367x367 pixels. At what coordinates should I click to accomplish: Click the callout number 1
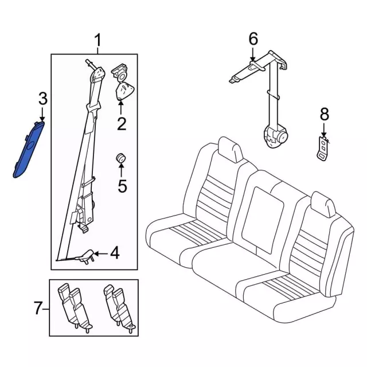98,40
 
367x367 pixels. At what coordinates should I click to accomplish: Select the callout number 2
122,123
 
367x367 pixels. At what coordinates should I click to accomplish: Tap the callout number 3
43,99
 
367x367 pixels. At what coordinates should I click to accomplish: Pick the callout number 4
115,253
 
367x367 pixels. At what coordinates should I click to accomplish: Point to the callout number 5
122,186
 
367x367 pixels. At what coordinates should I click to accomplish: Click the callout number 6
253,39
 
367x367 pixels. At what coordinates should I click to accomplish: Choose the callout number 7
38,308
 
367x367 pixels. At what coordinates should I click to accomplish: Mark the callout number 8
325,115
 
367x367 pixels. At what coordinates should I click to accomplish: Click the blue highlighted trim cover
29,150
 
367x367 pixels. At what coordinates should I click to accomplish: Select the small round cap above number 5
121,158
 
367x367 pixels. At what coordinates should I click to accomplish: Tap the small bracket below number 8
323,149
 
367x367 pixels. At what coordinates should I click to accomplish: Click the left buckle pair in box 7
75,307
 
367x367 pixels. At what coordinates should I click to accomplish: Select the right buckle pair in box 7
119,307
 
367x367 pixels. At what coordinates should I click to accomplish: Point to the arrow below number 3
42,114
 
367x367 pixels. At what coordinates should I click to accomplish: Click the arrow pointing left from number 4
101,253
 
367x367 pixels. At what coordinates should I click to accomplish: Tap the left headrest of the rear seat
229,149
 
